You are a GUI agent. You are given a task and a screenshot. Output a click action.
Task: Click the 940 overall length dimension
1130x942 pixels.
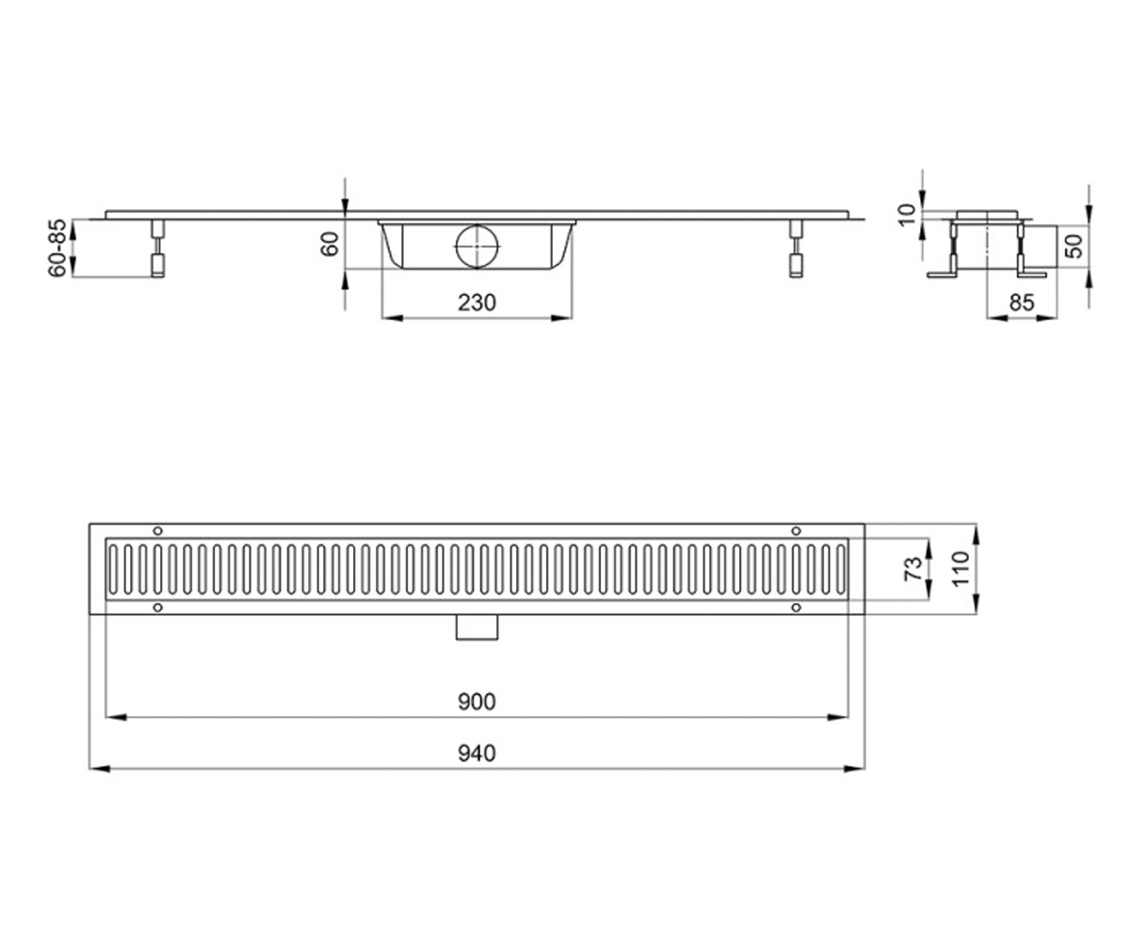point(476,753)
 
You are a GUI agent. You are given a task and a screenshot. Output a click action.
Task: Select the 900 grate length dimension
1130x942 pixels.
point(476,702)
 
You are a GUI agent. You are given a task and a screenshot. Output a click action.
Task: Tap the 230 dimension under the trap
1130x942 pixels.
point(476,302)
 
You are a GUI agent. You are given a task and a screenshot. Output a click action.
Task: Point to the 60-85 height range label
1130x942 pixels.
point(57,248)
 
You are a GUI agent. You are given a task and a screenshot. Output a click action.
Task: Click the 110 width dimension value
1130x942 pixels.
point(960,568)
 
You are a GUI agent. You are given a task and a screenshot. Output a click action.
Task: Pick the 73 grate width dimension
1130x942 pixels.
point(913,568)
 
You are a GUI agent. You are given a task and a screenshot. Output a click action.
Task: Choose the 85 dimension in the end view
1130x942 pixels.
point(1022,302)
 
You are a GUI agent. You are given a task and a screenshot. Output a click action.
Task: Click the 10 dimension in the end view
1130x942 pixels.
point(907,215)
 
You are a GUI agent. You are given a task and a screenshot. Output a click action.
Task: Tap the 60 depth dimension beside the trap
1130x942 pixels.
point(330,244)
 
